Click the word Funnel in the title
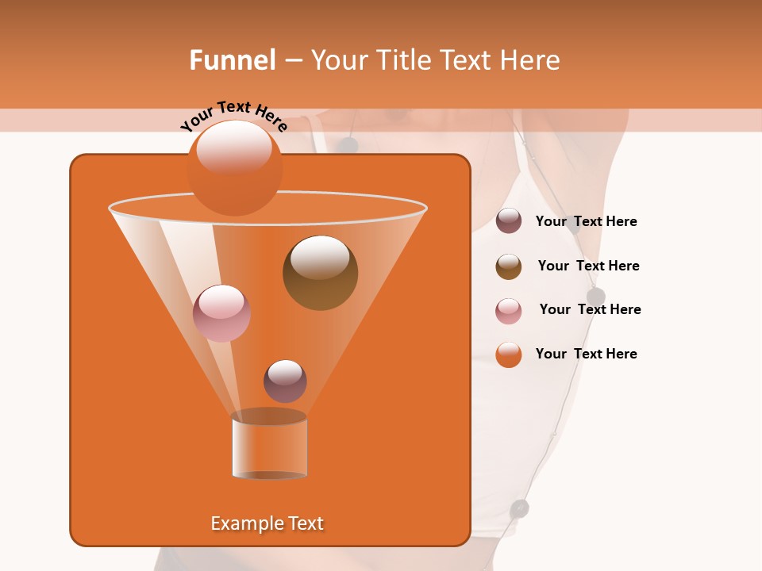[x=233, y=60]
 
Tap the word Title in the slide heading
[x=403, y=60]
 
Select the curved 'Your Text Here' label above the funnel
[x=233, y=117]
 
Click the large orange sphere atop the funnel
[x=235, y=168]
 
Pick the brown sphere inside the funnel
[x=320, y=273]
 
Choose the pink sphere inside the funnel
[x=221, y=313]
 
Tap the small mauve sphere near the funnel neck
[x=285, y=381]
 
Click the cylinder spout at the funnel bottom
[x=269, y=446]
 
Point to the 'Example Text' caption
[x=267, y=523]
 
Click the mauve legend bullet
[x=509, y=221]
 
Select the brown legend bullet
[x=509, y=266]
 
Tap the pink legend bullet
[x=509, y=311]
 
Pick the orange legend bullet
[x=509, y=354]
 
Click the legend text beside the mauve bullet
[x=586, y=222]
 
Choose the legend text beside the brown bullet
[x=588, y=266]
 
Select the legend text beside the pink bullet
[x=590, y=310]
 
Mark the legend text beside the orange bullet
[x=586, y=354]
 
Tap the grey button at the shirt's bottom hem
[x=519, y=508]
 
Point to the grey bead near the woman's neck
[x=347, y=145]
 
